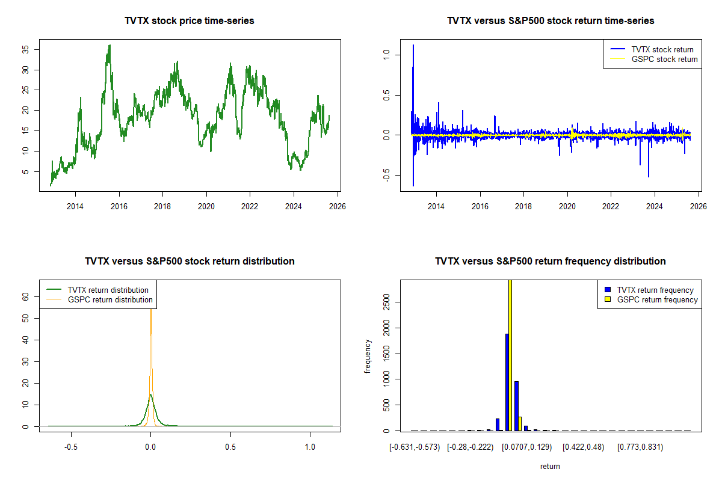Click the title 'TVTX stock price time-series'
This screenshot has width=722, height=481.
pos(190,21)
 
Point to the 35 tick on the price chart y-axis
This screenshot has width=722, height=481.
pos(25,49)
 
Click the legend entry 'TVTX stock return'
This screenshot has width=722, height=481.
pos(662,49)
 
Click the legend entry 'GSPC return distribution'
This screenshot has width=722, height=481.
pos(110,299)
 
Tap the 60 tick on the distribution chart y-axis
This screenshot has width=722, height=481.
pos(25,296)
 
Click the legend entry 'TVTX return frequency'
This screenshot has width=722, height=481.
pos(659,290)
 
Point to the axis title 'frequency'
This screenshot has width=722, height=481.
pos(368,356)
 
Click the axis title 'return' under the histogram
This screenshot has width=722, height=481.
pos(550,466)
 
